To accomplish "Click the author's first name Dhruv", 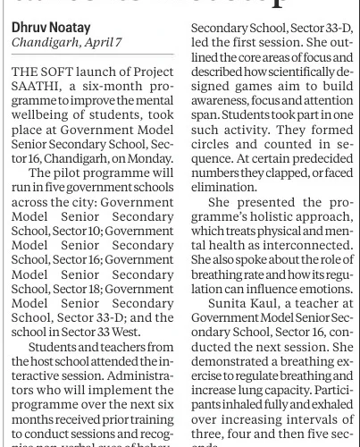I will click(29, 27).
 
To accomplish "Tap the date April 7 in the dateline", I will click(98, 42).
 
